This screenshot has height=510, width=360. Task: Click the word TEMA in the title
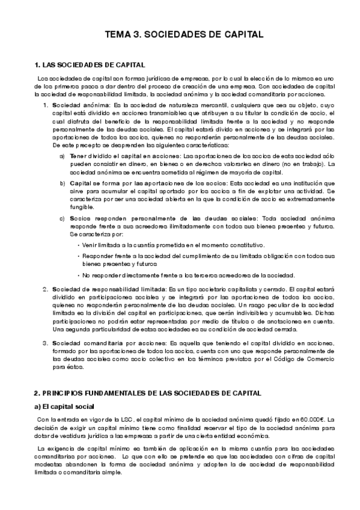coord(119,35)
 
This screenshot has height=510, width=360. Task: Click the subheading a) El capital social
coord(64,407)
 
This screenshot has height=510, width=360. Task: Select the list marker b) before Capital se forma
coord(63,182)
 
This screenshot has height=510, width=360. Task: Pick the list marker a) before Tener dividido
coord(63,156)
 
